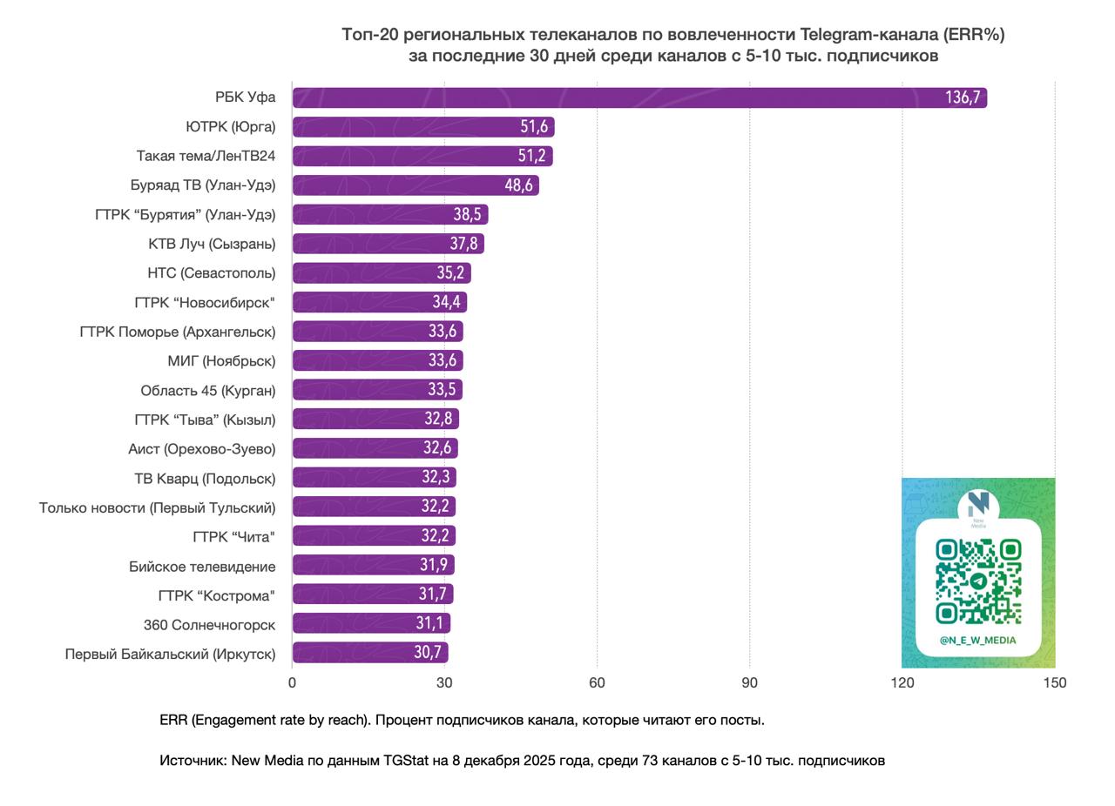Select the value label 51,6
pos(534,127)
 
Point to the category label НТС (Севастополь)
pos(211,273)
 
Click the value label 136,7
pos(963,97)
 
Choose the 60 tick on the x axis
pos(597,683)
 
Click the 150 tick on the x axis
pos(1054,683)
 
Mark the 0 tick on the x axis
pos(292,683)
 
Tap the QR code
pos(978,581)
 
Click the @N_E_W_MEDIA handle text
pos(977,641)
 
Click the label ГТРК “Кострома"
pos(216,595)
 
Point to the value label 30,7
pos(428,653)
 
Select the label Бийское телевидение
pos(202,567)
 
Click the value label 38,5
pos(467,215)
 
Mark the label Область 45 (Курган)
pos(207,391)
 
